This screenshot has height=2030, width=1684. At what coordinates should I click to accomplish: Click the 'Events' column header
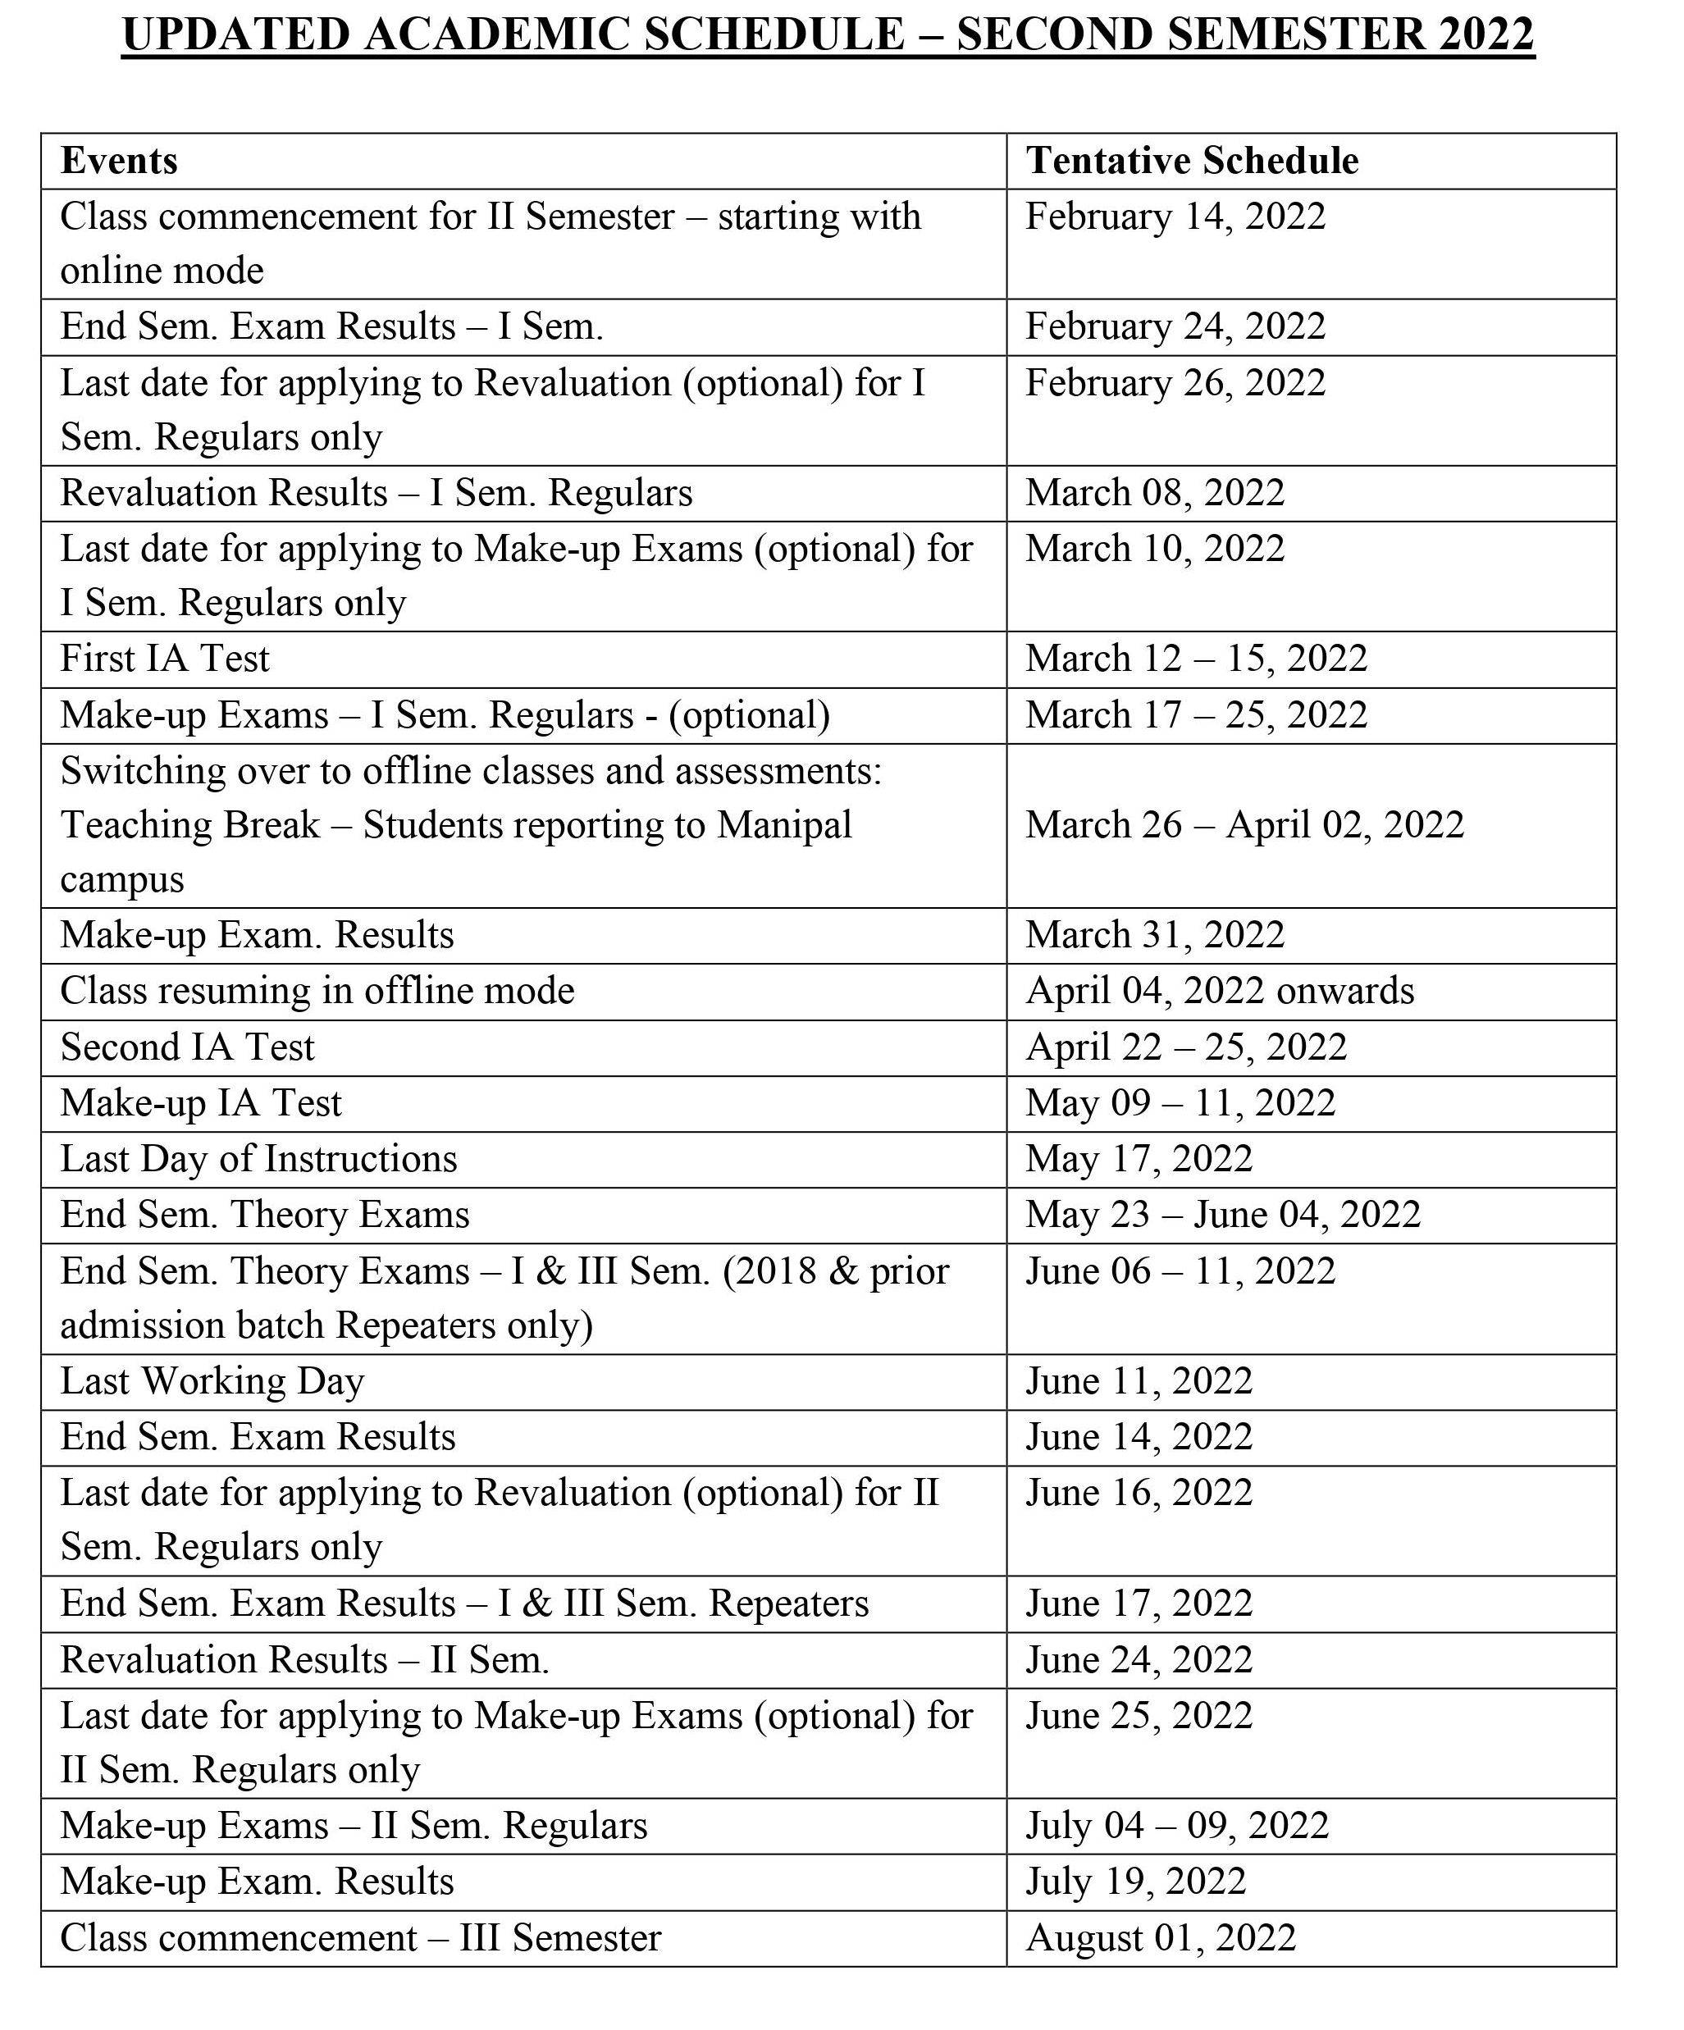click(119, 161)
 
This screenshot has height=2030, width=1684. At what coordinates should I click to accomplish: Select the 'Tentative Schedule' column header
click(1192, 161)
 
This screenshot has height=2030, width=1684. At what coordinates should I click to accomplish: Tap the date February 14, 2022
click(1175, 216)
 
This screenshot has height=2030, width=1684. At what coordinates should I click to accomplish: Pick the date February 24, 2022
click(1175, 326)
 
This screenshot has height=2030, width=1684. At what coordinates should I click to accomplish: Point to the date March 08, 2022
click(1154, 493)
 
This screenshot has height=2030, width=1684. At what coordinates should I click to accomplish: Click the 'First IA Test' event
click(164, 659)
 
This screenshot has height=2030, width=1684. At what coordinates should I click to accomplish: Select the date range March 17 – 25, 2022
click(1196, 715)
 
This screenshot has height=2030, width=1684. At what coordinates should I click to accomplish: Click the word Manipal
click(784, 825)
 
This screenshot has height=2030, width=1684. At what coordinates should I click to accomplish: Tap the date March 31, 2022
click(1154, 935)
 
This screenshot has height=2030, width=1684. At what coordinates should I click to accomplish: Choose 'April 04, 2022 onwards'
click(1219, 991)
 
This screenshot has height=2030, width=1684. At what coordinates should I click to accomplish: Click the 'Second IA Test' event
click(188, 1047)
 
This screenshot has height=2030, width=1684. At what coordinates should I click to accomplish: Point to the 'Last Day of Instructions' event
click(258, 1159)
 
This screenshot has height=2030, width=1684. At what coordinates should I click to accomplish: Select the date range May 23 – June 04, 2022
click(1222, 1215)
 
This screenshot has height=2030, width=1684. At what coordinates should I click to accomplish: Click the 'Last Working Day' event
click(212, 1381)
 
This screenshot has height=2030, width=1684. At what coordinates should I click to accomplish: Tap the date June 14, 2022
click(1138, 1438)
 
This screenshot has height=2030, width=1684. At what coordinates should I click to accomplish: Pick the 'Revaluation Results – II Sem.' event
click(304, 1661)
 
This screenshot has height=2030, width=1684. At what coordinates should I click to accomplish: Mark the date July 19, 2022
click(1135, 1882)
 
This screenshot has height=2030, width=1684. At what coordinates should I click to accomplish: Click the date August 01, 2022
click(1160, 1939)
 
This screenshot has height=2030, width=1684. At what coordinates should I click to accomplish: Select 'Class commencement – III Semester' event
click(361, 1939)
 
